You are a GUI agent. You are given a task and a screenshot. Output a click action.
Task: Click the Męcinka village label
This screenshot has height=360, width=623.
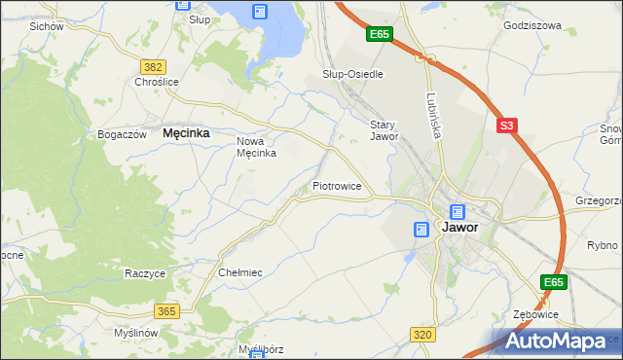click(x=187, y=133)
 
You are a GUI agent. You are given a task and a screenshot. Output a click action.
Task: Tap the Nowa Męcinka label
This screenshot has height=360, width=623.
click(x=258, y=147)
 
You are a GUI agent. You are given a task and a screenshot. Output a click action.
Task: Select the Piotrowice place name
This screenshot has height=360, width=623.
click(x=337, y=185)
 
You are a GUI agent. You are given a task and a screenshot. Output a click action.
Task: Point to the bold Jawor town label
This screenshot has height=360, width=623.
click(x=459, y=227)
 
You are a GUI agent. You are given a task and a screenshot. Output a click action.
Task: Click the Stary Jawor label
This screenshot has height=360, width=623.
click(x=385, y=130)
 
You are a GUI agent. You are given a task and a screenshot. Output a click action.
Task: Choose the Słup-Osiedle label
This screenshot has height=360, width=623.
click(x=352, y=74)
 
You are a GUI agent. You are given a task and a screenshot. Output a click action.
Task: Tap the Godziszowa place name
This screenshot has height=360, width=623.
click(x=532, y=25)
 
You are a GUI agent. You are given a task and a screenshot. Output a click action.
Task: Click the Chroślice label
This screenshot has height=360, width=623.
click(x=157, y=83)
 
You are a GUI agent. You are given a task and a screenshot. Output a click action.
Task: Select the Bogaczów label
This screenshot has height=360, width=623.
click(x=122, y=133)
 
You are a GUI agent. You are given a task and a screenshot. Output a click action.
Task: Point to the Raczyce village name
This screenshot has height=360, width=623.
click(x=144, y=273)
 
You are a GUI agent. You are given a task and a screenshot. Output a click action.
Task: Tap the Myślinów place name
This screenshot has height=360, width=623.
click(x=135, y=333)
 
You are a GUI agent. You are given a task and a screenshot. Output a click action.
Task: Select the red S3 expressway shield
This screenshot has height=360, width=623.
click(x=506, y=126)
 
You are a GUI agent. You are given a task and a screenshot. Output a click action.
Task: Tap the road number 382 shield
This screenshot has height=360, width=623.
click(x=152, y=66)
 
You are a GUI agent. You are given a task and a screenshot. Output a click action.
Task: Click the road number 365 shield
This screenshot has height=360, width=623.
click(x=165, y=310)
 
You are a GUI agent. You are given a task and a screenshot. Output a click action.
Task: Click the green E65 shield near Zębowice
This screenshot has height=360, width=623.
click(x=554, y=282)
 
